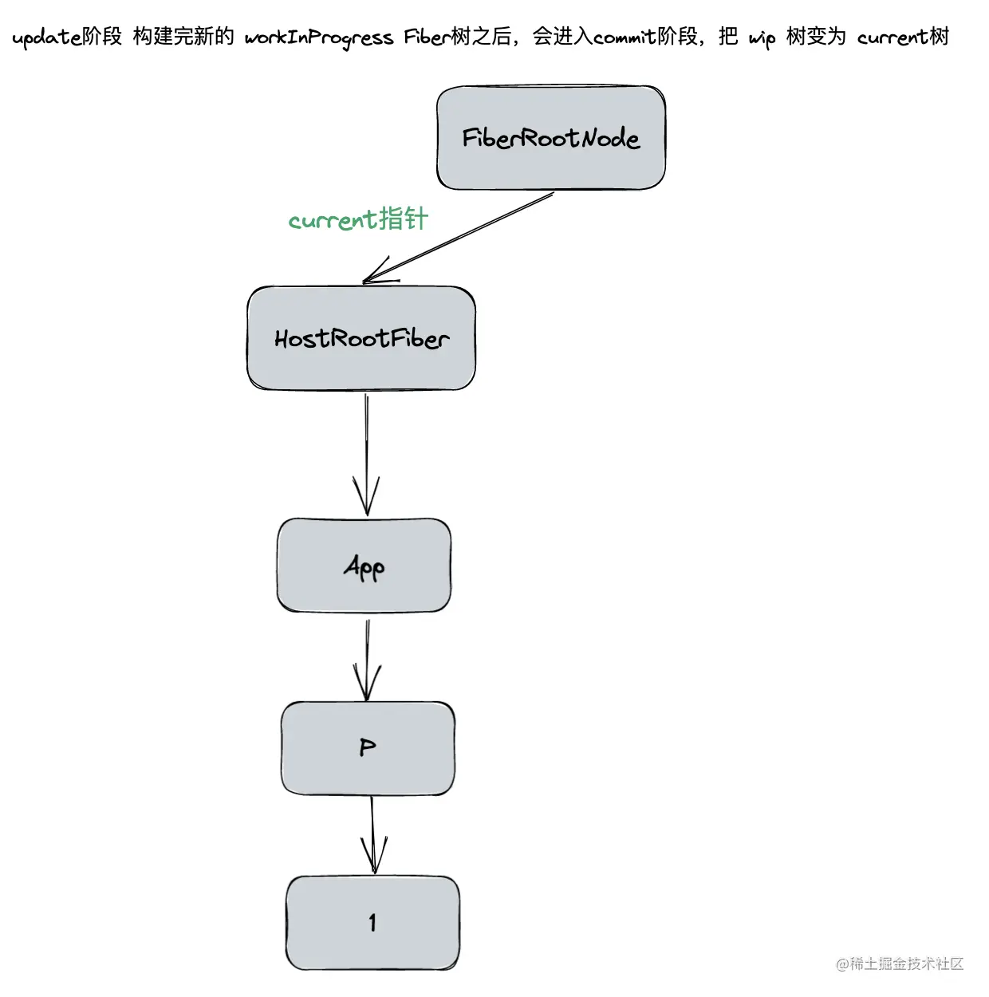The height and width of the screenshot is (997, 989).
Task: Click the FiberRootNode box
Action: tap(550, 138)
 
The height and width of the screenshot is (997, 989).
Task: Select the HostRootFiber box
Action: tap(361, 339)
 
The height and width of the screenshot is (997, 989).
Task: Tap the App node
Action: tap(364, 565)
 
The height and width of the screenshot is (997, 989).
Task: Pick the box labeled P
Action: tap(368, 748)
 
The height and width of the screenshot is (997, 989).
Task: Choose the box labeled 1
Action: tap(372, 923)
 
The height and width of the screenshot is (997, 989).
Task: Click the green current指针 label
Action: tap(358, 219)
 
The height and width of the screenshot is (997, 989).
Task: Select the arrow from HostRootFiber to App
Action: tap(366, 447)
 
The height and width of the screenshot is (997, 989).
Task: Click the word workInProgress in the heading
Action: tap(318, 37)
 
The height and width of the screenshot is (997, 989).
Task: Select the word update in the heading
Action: tap(46, 37)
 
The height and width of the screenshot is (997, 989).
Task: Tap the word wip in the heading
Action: tap(762, 38)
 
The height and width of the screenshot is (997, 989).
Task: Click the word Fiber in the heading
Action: tap(427, 37)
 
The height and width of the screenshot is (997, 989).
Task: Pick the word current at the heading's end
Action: tap(892, 37)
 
